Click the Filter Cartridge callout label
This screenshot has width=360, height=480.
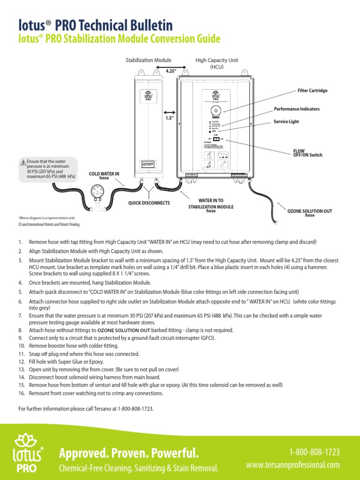click(x=313, y=90)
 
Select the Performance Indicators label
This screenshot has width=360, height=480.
click(x=297, y=109)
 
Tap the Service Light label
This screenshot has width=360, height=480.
click(x=286, y=121)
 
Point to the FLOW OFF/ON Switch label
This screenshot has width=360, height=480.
click(x=307, y=153)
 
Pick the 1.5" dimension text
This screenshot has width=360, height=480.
click(x=169, y=118)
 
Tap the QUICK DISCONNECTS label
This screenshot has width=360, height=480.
click(x=148, y=203)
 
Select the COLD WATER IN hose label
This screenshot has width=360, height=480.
click(x=104, y=175)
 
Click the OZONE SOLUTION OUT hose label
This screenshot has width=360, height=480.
click(x=309, y=213)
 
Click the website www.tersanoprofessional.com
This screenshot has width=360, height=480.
click(x=293, y=465)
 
